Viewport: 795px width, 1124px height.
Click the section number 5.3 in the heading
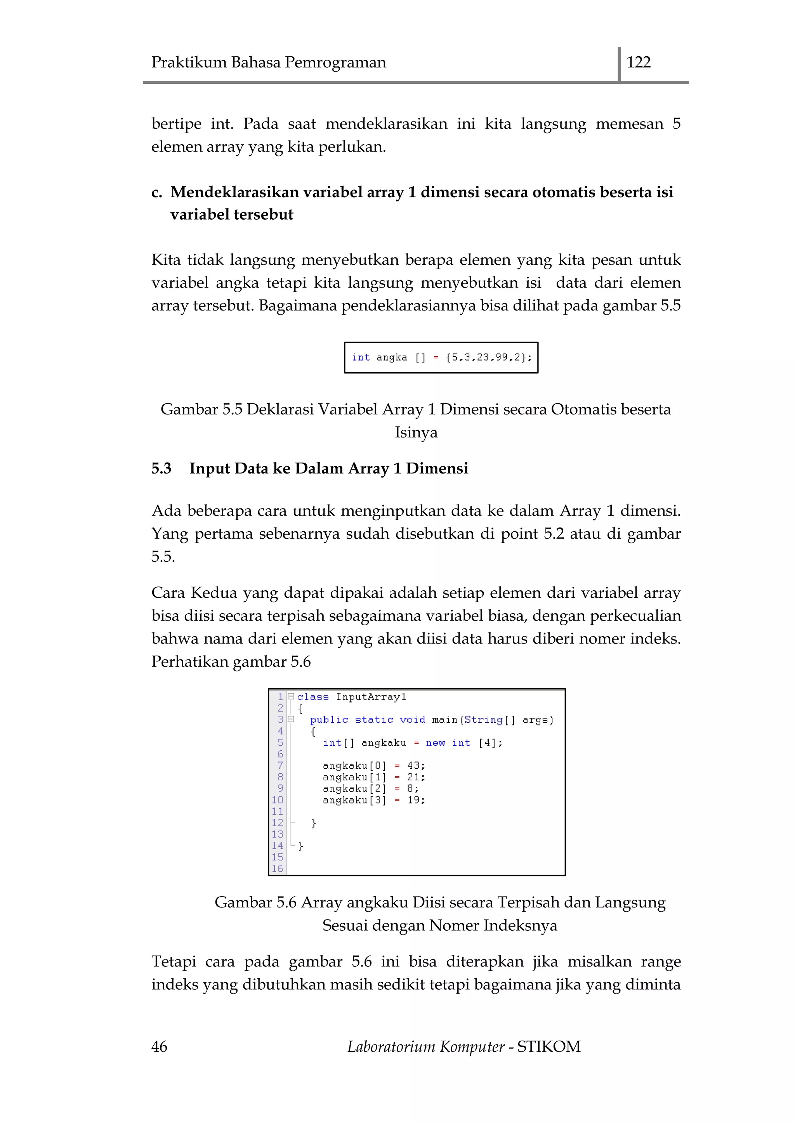(x=161, y=468)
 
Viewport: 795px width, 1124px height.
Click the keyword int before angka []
(x=360, y=357)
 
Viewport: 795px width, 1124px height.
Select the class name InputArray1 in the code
(x=371, y=697)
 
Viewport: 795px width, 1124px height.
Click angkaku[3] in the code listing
(x=354, y=800)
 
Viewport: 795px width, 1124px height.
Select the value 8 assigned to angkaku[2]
(x=410, y=788)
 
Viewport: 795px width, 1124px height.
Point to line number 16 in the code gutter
(x=277, y=869)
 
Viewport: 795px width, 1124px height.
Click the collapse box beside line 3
(x=291, y=719)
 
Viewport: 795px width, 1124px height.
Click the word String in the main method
(x=483, y=720)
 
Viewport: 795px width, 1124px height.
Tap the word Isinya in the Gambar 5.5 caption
(x=416, y=432)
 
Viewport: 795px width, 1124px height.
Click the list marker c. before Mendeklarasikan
(x=157, y=193)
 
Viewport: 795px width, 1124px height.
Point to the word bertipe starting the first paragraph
(x=176, y=124)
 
